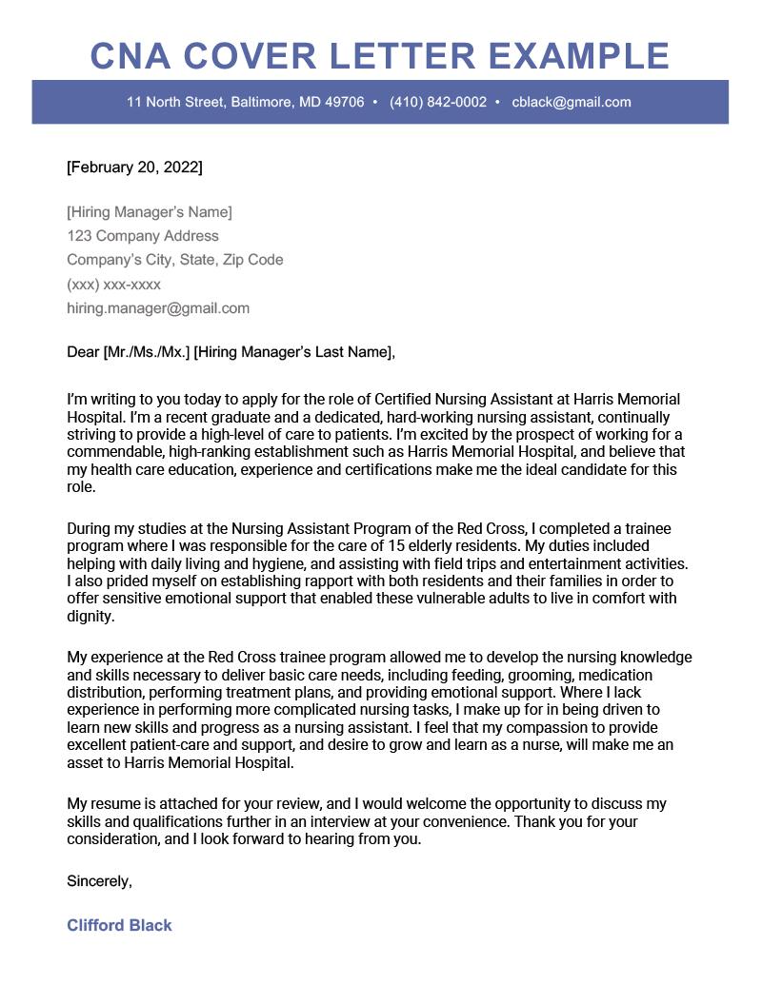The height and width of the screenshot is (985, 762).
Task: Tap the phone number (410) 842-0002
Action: click(438, 102)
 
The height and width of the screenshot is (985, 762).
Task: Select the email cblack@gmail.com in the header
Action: click(571, 102)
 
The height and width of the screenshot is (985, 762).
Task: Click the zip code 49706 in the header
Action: click(344, 102)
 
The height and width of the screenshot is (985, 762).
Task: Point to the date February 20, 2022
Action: click(134, 167)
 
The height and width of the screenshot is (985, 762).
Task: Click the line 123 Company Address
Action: click(143, 236)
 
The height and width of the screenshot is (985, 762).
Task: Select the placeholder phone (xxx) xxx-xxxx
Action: click(113, 285)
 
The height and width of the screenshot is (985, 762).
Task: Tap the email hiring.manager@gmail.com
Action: click(158, 308)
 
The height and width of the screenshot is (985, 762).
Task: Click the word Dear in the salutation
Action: click(82, 352)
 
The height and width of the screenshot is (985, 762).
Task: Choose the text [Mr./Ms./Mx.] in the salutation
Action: click(146, 352)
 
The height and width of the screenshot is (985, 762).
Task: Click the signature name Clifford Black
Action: click(119, 925)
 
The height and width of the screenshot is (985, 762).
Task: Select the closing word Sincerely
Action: click(98, 881)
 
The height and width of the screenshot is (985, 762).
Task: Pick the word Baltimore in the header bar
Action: click(258, 102)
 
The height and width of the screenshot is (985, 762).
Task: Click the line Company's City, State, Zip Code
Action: click(174, 260)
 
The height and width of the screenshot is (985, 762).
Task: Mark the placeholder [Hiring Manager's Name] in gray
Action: click(150, 211)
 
